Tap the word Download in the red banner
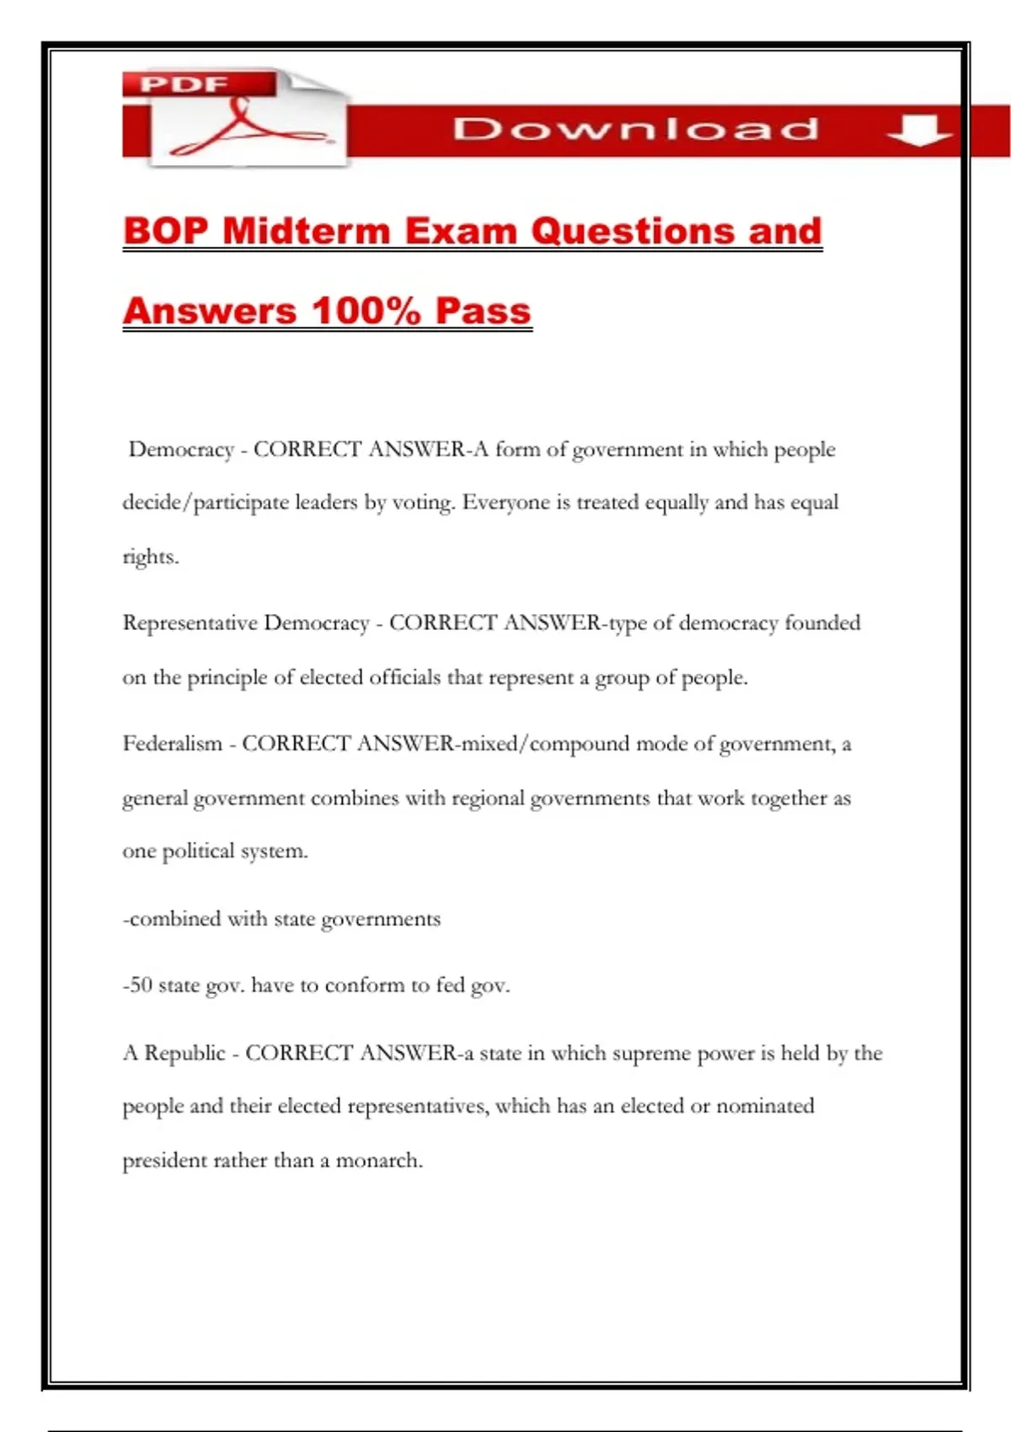(x=635, y=129)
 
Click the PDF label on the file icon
(x=184, y=84)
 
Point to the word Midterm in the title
(x=307, y=232)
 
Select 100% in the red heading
(x=366, y=311)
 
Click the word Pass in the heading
(x=483, y=311)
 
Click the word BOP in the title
(x=165, y=232)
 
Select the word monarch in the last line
(x=378, y=1161)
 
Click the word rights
(x=150, y=557)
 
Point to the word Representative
(x=190, y=623)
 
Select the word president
(x=165, y=1161)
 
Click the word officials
(x=404, y=677)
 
